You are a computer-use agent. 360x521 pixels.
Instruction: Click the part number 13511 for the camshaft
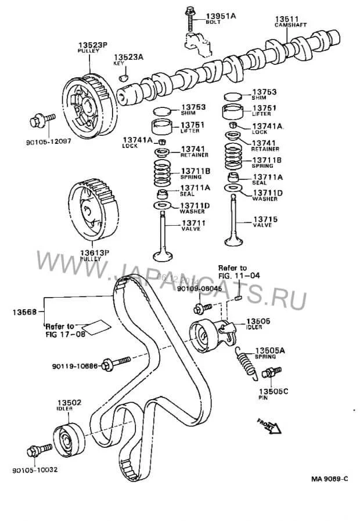click(x=287, y=19)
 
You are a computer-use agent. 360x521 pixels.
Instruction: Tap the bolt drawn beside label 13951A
click(x=190, y=18)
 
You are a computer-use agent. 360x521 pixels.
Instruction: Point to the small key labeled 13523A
click(x=123, y=77)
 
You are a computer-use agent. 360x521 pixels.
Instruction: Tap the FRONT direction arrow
click(x=270, y=426)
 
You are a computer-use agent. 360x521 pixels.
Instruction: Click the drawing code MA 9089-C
click(x=329, y=479)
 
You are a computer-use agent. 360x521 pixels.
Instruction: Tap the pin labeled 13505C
click(x=270, y=372)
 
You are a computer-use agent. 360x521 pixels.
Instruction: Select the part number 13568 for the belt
click(x=21, y=312)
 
